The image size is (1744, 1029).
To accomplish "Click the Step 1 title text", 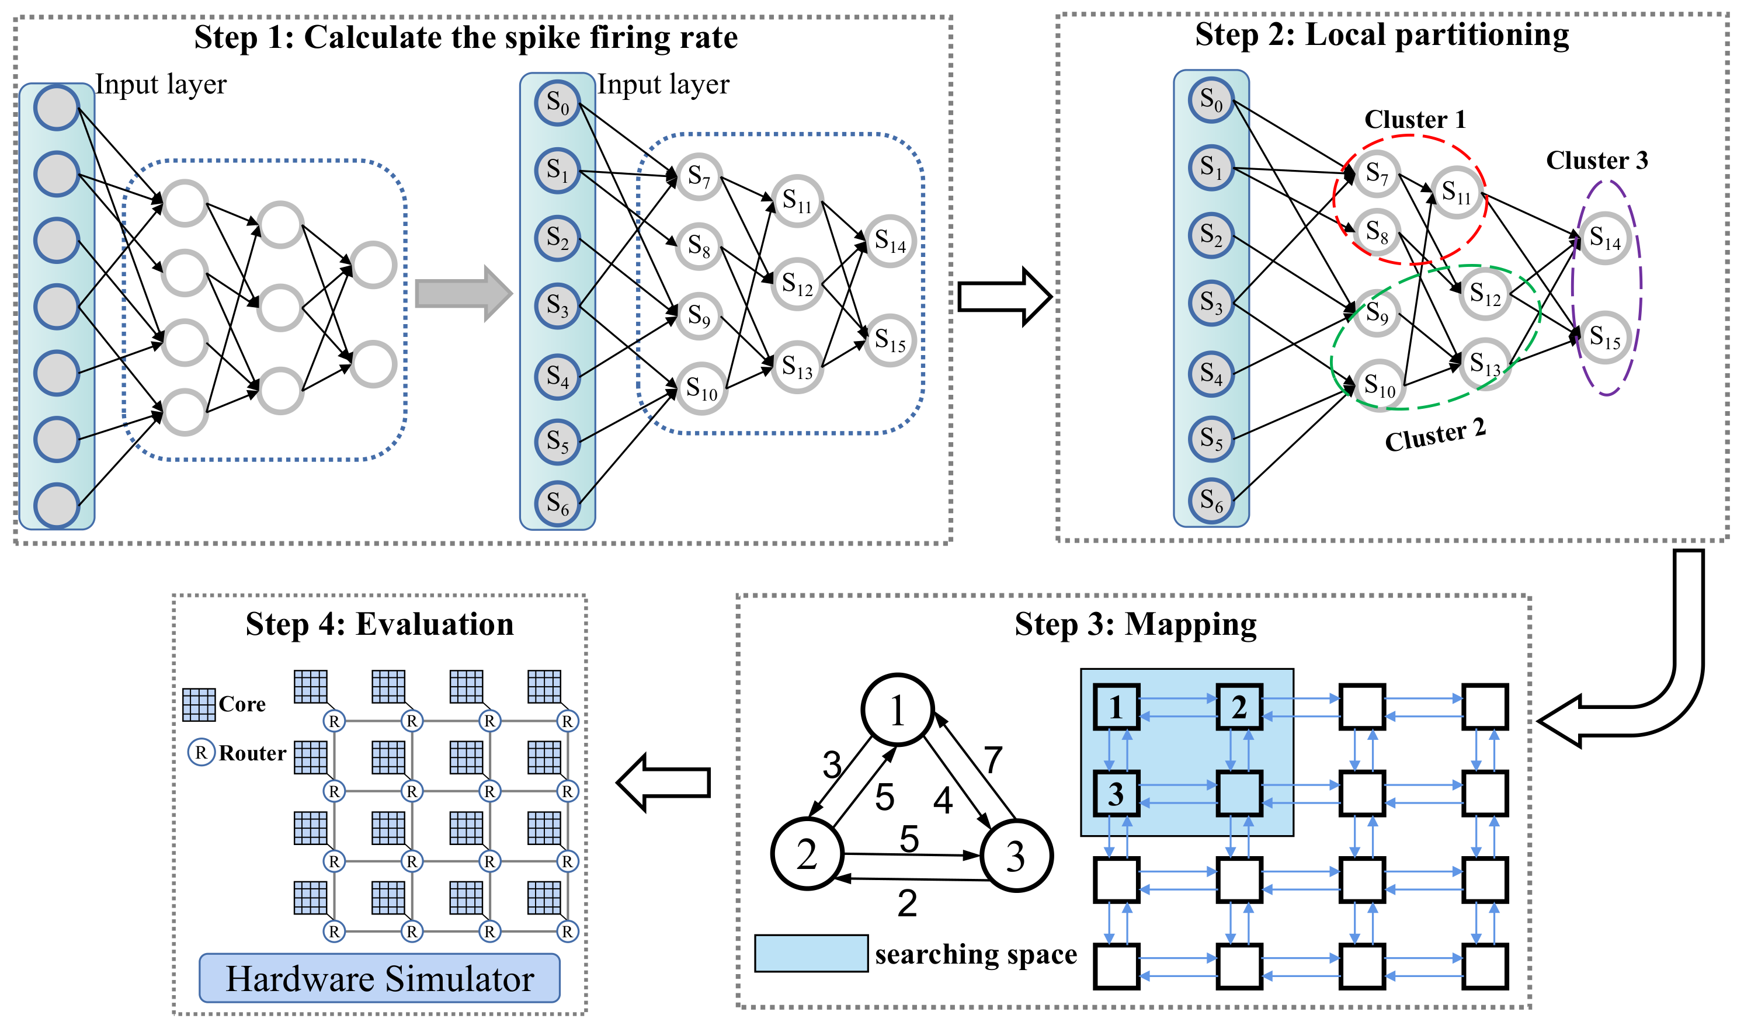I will tap(465, 37).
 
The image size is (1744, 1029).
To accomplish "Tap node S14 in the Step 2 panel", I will tap(1604, 238).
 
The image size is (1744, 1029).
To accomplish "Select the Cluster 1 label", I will tap(1415, 119).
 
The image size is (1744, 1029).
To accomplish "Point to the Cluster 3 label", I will tap(1596, 160).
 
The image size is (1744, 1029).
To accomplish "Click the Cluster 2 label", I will tap(1434, 436).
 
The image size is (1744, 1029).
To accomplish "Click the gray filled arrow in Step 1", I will tap(462, 293).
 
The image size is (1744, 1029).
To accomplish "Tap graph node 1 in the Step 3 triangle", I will tap(897, 710).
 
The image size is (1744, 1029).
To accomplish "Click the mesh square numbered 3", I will tap(1116, 793).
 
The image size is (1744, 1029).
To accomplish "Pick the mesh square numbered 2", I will tap(1239, 707).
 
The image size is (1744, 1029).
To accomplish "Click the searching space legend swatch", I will tap(811, 954).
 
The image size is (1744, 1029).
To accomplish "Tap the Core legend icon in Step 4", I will tap(199, 704).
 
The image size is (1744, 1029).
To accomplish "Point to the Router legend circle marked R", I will tap(201, 752).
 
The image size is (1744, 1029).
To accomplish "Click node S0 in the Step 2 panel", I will tap(1211, 100).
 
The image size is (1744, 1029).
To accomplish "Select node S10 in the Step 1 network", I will tap(701, 388).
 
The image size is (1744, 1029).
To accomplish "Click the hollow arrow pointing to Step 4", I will tap(663, 783).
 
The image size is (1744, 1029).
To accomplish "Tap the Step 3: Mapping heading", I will tap(1135, 624).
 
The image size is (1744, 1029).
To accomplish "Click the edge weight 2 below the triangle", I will tap(906, 903).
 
